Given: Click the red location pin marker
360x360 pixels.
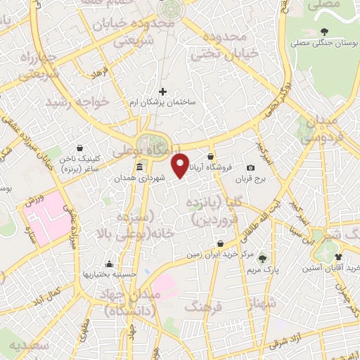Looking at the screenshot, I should point(181,165).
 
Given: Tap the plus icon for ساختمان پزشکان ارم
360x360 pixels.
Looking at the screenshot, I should point(163,91).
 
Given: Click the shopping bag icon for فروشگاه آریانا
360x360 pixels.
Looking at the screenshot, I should point(211,157).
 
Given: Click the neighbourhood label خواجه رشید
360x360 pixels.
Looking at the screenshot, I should point(77,103).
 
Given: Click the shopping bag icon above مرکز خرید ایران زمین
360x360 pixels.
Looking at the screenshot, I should point(221,243).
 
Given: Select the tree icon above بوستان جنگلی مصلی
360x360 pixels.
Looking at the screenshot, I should point(323,31).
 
